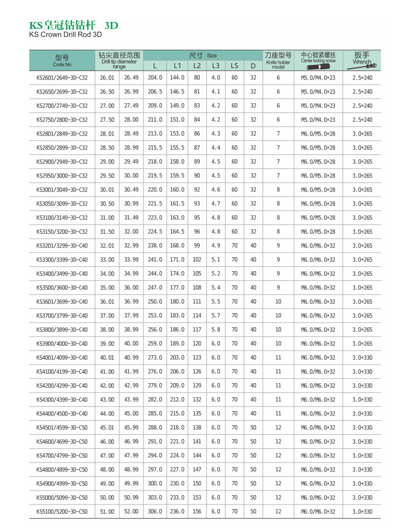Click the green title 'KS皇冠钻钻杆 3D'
click(x=74, y=25)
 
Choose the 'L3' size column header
click(x=216, y=65)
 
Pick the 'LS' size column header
click(x=234, y=65)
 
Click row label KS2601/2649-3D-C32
click(x=62, y=78)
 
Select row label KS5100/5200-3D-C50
click(x=62, y=512)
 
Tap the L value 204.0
click(x=154, y=78)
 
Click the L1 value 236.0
click(x=177, y=512)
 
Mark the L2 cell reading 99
click(x=197, y=246)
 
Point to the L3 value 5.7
click(x=216, y=316)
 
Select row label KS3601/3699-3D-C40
click(x=62, y=302)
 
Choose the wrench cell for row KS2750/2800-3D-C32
click(x=362, y=120)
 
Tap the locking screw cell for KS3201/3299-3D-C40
click(x=318, y=246)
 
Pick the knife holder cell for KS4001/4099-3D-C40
click(x=278, y=358)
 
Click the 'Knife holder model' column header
click(x=278, y=60)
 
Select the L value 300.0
click(x=154, y=484)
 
